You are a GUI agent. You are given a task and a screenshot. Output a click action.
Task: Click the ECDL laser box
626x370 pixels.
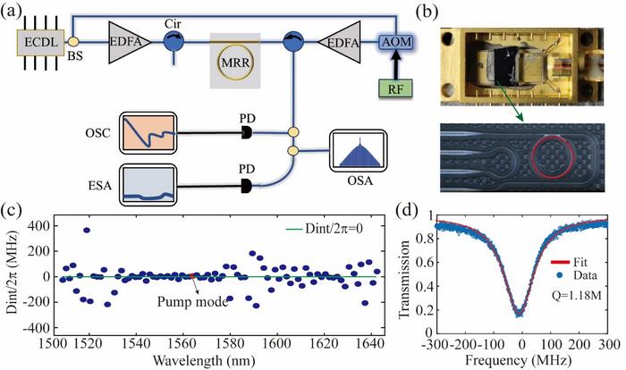coord(33,43)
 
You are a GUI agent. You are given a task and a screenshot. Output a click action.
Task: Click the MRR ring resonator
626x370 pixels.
coord(235,63)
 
